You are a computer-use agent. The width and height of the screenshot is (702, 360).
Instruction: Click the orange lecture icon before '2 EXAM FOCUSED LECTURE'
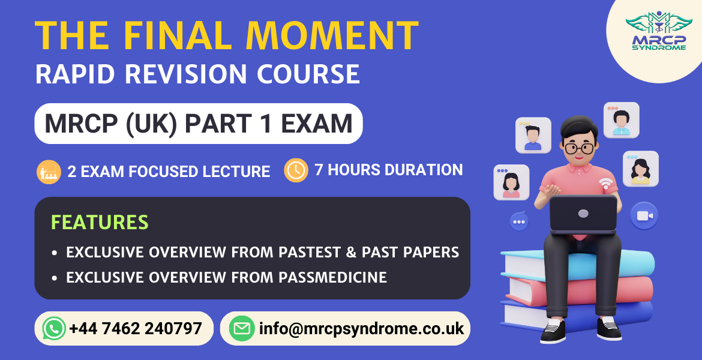pyautogui.click(x=48, y=172)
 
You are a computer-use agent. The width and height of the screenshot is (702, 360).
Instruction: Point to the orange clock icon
pyautogui.click(x=296, y=170)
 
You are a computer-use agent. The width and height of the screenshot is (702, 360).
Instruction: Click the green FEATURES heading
pyautogui.click(x=100, y=222)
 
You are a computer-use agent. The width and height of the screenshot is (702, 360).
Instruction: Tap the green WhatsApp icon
pyautogui.click(x=54, y=328)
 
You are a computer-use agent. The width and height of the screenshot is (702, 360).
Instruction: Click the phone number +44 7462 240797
pyautogui.click(x=135, y=328)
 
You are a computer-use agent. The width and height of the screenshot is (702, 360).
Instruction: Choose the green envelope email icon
pyautogui.click(x=242, y=328)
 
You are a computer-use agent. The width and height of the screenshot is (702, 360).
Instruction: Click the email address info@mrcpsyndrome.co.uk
pyautogui.click(x=361, y=328)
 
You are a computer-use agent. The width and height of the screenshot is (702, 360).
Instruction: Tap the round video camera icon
pyautogui.click(x=644, y=216)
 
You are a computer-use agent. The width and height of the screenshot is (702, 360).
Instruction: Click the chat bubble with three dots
pyautogui.click(x=519, y=221)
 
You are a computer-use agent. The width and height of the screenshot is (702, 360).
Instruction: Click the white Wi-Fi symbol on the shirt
pyautogui.click(x=607, y=183)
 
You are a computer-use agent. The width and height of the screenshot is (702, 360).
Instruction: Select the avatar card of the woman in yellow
pyautogui.click(x=640, y=169)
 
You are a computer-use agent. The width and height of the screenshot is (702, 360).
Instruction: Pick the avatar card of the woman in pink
pyautogui.click(x=511, y=182)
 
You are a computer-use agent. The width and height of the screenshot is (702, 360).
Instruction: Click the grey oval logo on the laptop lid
pyautogui.click(x=583, y=214)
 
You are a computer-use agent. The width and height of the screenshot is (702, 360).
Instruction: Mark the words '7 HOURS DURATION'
pyautogui.click(x=388, y=170)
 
